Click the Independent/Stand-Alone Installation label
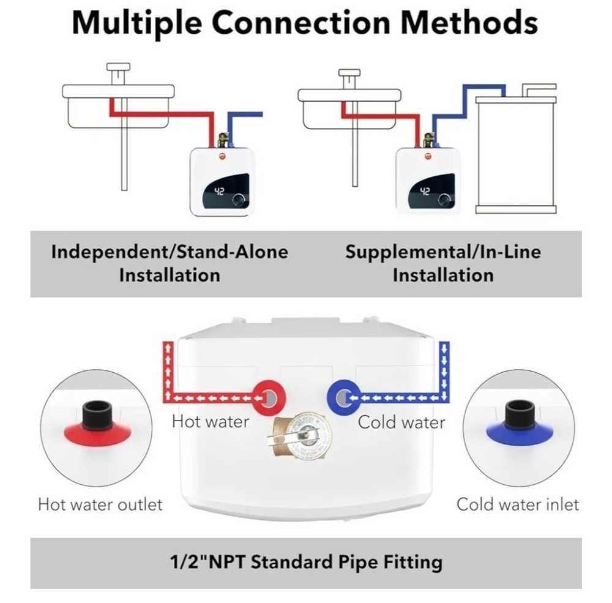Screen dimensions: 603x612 [170, 263]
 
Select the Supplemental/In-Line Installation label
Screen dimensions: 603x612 [443, 263]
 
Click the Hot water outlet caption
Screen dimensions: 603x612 [100, 504]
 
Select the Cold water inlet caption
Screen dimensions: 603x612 [517, 504]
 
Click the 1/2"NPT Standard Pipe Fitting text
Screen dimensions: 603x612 [305, 561]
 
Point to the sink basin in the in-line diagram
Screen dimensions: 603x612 [349, 113]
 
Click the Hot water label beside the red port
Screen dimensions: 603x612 [211, 421]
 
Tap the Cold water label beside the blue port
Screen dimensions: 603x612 [401, 421]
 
